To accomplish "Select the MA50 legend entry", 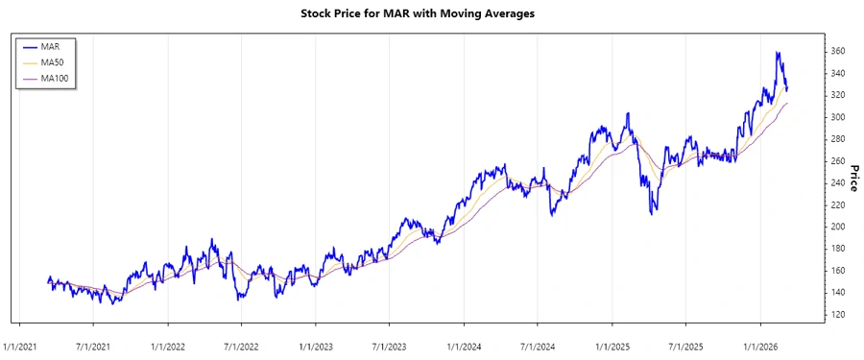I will pyautogui.click(x=52, y=61).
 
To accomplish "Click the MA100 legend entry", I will pyautogui.click(x=55, y=78).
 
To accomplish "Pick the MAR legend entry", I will pyautogui.click(x=50, y=45).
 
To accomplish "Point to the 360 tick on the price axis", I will pyautogui.click(x=838, y=51).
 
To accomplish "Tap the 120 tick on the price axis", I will pyautogui.click(x=838, y=315).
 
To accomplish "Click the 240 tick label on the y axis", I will pyautogui.click(x=838, y=182).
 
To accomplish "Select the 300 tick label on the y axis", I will pyautogui.click(x=838, y=117).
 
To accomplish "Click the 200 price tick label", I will pyautogui.click(x=838, y=227).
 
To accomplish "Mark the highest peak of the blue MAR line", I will pyautogui.click(x=777, y=53).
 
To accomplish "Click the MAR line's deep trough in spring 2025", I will pyautogui.click(x=654, y=212).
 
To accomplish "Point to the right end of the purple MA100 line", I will pyautogui.click(x=788, y=103).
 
